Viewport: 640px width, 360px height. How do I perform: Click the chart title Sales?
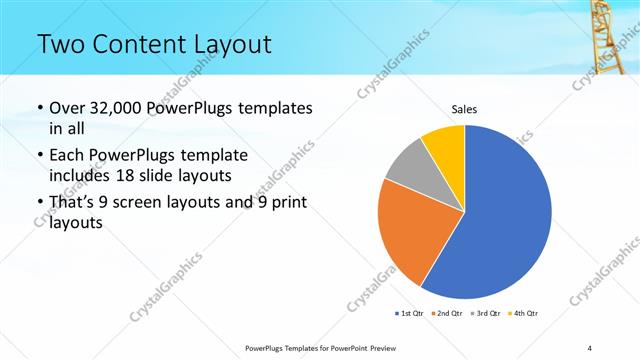click(x=464, y=108)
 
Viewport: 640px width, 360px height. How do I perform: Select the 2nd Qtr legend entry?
click(x=447, y=314)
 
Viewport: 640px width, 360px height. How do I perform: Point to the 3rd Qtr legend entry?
click(x=487, y=314)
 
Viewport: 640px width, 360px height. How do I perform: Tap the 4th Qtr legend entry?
click(x=525, y=314)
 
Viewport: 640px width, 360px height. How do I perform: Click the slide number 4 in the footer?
click(x=590, y=347)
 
